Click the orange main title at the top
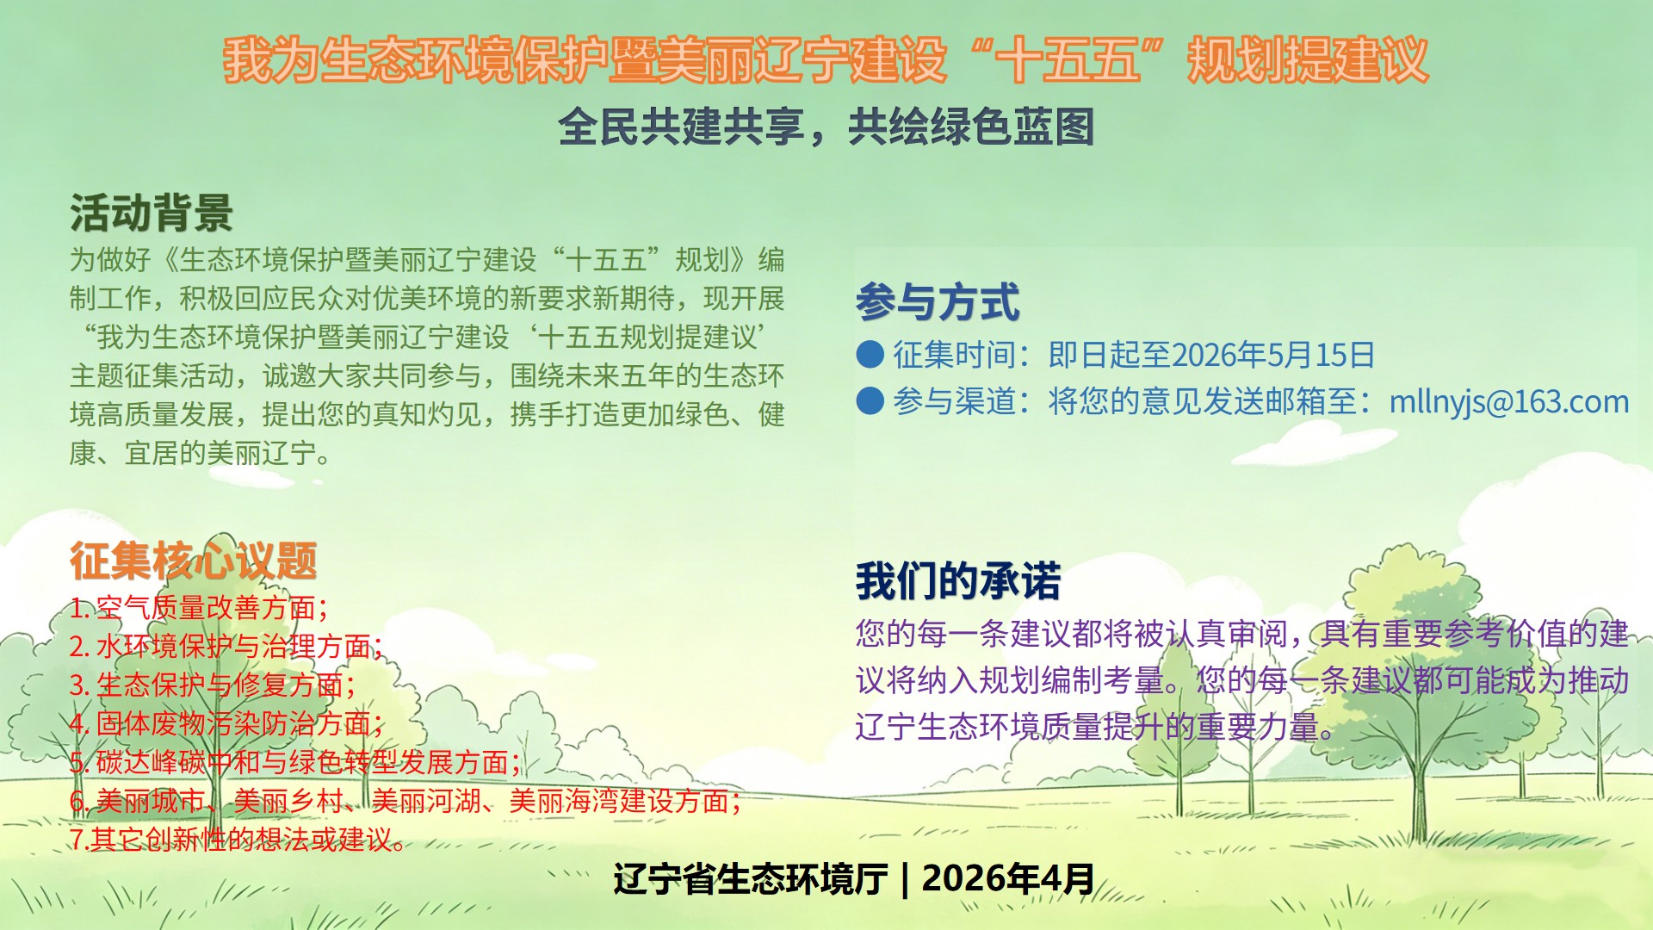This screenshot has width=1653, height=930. [826, 60]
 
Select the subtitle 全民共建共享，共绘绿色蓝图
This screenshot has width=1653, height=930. [826, 127]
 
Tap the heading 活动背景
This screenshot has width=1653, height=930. [152, 213]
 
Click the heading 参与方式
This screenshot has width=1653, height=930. [938, 302]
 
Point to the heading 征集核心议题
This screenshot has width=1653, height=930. [194, 561]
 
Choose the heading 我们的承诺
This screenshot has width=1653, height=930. [958, 580]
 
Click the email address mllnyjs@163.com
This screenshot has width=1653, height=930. [1509, 401]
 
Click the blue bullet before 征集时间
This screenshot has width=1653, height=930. [870, 354]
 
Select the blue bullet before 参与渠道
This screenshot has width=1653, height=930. [870, 400]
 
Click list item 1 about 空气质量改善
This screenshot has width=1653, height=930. [199, 608]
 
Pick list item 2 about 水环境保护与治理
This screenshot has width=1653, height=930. [226, 646]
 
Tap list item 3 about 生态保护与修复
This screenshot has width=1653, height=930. [213, 685]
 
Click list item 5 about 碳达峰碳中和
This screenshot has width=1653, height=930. [295, 762]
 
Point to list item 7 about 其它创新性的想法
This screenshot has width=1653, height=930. [238, 839]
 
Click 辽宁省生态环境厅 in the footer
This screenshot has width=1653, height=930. [750, 879]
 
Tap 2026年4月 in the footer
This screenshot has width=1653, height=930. [1008, 879]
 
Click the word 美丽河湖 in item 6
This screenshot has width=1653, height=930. [426, 801]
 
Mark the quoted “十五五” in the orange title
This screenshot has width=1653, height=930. [1067, 60]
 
